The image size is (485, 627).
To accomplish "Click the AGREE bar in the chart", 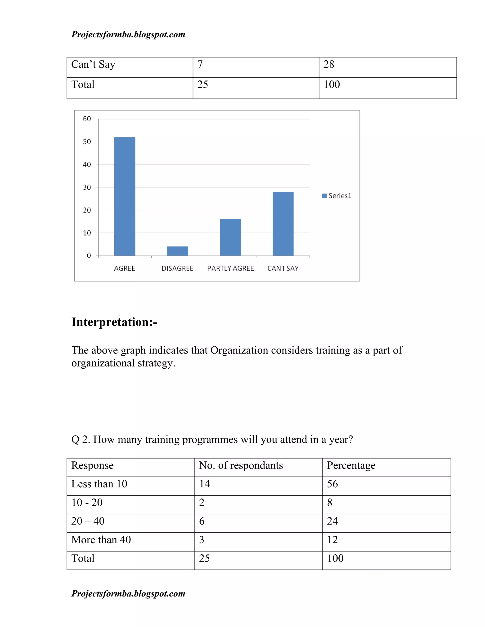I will (x=125, y=197).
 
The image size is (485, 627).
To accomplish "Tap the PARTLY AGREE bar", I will (x=230, y=237).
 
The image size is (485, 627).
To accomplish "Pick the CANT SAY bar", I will (x=283, y=224).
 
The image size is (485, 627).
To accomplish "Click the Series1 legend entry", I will (x=337, y=196).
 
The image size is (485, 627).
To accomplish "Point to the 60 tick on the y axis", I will (x=87, y=119).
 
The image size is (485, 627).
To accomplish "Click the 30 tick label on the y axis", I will (x=87, y=187).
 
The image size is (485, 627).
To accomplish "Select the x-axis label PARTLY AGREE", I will (x=230, y=269).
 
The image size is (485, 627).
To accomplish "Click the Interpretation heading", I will (x=114, y=322).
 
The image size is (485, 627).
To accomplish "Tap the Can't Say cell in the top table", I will (x=93, y=65).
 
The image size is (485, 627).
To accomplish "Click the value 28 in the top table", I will (x=329, y=65).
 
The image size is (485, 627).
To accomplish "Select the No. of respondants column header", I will (x=241, y=465).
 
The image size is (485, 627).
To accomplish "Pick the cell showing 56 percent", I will (x=332, y=484).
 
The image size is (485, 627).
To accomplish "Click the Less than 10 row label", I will (x=99, y=484).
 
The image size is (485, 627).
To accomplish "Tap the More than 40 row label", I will (x=101, y=540).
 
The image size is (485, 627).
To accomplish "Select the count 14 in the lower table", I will (x=205, y=484).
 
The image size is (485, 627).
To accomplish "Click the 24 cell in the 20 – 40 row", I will (x=332, y=521).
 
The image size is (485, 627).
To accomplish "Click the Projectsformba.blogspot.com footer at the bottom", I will (x=128, y=593).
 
